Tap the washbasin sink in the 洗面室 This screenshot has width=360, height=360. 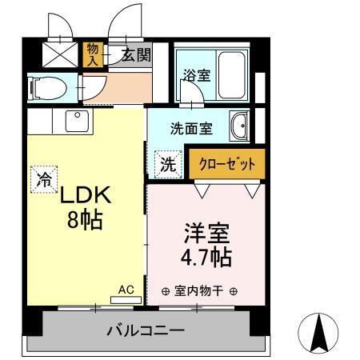(x=239, y=126)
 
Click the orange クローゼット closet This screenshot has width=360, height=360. (x=226, y=163)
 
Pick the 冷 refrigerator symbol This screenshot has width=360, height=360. (x=43, y=178)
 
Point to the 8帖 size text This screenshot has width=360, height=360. (x=85, y=220)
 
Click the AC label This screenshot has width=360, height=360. (x=126, y=290)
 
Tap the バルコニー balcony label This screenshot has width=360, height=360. (x=146, y=330)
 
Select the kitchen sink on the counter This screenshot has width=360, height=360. (x=79, y=122)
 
